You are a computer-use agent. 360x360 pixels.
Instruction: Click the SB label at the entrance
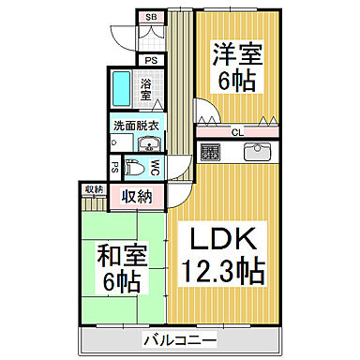pyautogui.click(x=150, y=18)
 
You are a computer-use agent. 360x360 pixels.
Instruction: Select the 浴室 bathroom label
pyautogui.click(x=146, y=90)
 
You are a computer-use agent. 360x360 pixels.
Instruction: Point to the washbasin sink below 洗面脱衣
pyautogui.click(x=149, y=144)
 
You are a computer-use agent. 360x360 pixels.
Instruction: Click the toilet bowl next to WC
pyautogui.click(x=135, y=169)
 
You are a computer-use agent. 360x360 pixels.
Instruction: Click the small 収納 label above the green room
pyautogui.click(x=92, y=189)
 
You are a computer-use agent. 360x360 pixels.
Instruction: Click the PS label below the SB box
pyautogui.click(x=149, y=59)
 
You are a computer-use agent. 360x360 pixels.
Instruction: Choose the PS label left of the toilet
pyautogui.click(x=113, y=169)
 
